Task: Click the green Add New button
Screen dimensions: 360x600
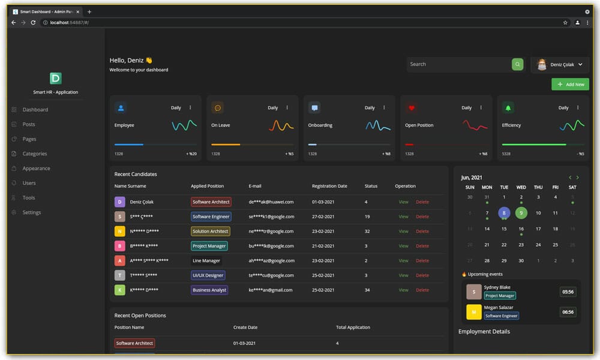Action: pos(570,85)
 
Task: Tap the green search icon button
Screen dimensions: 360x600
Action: pos(517,64)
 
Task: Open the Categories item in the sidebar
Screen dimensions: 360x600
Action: pos(34,154)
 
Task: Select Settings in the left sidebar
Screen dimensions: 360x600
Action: pos(31,212)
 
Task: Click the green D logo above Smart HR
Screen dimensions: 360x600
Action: pos(55,78)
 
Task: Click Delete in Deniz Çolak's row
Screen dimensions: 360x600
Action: pos(422,202)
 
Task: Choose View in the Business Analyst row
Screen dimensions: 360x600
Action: pos(403,290)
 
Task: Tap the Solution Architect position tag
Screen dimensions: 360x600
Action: pos(210,231)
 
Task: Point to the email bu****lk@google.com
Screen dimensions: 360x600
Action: pos(271,246)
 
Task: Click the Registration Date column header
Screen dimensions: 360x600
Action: pos(329,186)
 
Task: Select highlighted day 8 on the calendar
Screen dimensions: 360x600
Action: pos(504,212)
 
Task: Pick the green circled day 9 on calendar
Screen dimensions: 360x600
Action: pos(521,212)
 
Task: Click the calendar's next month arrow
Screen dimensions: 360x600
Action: pos(578,178)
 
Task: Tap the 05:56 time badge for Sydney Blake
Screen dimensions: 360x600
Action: pos(568,292)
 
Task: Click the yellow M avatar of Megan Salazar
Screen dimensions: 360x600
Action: pos(474,312)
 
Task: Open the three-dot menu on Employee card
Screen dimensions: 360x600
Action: pos(190,108)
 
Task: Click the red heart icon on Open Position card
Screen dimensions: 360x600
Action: pos(411,108)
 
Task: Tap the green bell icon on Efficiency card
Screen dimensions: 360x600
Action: pos(508,108)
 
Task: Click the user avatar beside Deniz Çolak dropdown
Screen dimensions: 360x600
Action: pos(542,64)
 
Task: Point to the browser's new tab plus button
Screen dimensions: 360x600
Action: pos(89,11)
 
